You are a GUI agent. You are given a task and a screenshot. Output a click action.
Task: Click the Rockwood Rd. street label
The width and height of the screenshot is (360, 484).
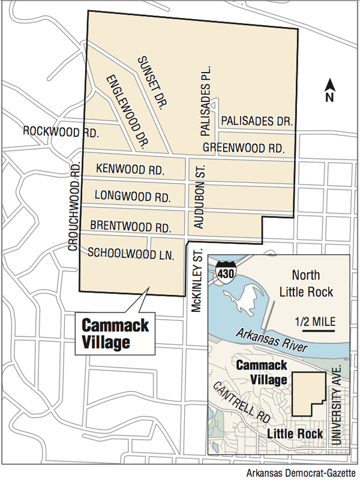[x=60, y=130]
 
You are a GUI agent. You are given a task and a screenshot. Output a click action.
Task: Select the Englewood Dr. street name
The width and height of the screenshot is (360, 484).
[x=128, y=112]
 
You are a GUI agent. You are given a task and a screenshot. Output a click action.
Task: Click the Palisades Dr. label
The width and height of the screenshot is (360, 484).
[x=256, y=121]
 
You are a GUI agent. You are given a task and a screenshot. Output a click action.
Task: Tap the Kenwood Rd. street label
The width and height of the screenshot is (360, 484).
[x=130, y=170]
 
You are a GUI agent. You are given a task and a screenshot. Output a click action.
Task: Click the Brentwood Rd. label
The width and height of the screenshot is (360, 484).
[x=131, y=226]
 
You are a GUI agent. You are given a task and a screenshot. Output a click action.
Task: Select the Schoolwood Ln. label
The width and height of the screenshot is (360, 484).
[x=130, y=254]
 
